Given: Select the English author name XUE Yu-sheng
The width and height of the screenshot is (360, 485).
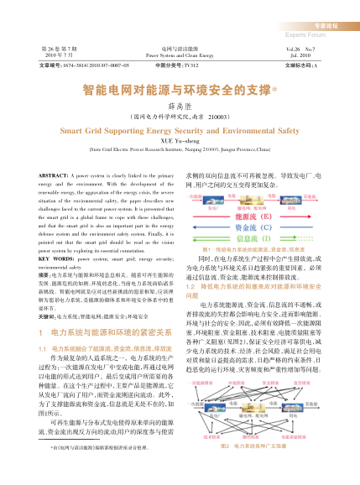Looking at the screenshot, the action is pyautogui.click(x=180, y=140).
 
